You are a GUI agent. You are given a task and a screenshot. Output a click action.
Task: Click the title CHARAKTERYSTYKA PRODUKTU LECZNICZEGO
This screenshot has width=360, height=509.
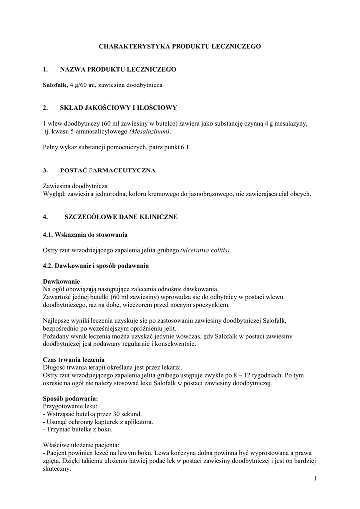(x=180, y=46)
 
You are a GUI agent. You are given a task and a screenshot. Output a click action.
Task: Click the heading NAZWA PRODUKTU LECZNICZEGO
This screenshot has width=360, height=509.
(x=117, y=69)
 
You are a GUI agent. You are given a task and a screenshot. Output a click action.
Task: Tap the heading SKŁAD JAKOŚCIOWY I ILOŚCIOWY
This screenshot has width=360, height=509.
(x=117, y=107)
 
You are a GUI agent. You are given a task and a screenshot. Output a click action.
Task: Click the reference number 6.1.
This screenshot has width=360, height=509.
(x=185, y=147)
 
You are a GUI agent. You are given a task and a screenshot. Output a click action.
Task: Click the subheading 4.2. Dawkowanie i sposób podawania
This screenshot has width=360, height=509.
(x=95, y=265)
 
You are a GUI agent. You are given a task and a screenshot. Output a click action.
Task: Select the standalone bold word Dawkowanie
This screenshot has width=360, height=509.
(x=61, y=281)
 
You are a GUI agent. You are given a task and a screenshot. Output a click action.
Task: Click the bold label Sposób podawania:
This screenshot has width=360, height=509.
(x=71, y=399)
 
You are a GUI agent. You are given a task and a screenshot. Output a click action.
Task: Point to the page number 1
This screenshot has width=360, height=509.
(x=315, y=478)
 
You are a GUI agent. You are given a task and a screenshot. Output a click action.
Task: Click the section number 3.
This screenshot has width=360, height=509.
(x=45, y=170)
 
